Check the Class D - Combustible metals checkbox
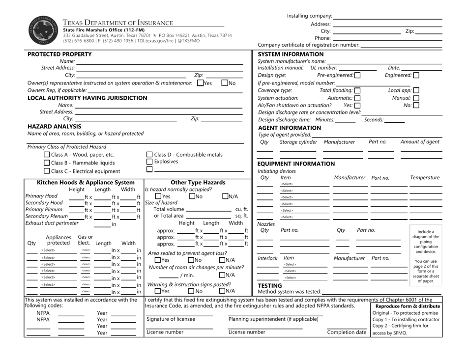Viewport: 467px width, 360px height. click(x=150, y=155)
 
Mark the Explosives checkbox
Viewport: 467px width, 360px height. click(x=150, y=162)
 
